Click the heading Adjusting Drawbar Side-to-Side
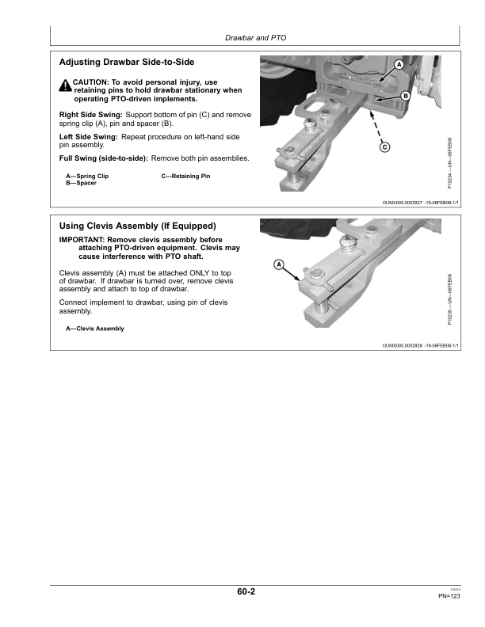click(127, 62)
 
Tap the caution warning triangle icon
click(64, 84)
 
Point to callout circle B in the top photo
click(404, 95)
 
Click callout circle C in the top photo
click(384, 146)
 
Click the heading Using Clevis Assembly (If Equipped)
click(138, 226)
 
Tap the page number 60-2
click(245, 592)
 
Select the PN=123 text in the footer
click(449, 597)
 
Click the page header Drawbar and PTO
click(255, 36)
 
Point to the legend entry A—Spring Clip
click(87, 176)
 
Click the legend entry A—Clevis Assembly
click(95, 329)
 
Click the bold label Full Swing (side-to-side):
click(104, 158)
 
